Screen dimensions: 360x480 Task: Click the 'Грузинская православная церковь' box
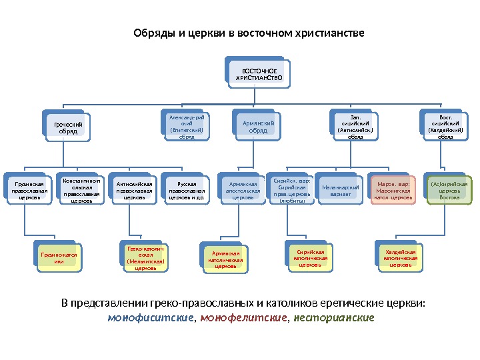29,189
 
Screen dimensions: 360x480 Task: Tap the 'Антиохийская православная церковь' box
135,189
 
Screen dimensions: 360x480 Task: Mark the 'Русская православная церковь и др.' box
187,189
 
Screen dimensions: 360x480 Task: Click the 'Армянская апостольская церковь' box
243,189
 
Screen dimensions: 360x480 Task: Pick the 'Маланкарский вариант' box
340,189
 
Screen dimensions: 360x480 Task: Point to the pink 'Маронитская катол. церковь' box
393,189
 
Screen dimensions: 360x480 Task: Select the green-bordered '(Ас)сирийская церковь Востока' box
449,189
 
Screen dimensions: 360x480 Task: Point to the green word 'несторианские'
334,317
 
